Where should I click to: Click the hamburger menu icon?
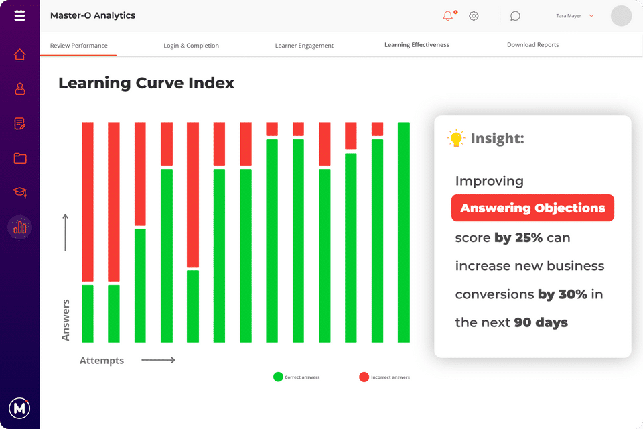19,15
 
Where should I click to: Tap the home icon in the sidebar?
19,54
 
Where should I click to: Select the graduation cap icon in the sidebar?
19,192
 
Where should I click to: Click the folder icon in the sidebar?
19,158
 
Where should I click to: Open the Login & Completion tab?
191,46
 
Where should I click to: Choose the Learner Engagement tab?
304,46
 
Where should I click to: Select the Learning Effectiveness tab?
417,45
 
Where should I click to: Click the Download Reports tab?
532,45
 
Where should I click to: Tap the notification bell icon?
448,16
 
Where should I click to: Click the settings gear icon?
474,16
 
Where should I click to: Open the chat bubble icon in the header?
515,16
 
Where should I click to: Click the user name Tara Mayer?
569,16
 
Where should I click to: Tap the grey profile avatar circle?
621,16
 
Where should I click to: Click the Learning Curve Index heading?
146,83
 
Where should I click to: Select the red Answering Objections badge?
532,208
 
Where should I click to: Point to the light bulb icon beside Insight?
456,139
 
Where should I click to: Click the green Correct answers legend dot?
278,377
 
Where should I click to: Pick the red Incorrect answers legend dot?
364,377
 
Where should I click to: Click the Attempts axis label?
102,361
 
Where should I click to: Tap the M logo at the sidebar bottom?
19,408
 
